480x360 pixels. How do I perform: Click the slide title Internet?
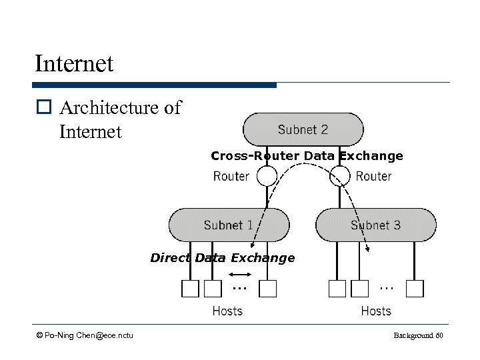coord(75,64)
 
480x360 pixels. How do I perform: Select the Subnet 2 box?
coord(303,129)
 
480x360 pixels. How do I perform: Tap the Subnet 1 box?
coord(229,225)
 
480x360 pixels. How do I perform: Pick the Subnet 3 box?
coord(375,225)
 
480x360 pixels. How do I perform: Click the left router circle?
coord(267,176)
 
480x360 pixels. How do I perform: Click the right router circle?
coord(340,176)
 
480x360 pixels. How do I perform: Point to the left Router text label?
coord(231,176)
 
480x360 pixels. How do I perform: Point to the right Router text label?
coord(373,176)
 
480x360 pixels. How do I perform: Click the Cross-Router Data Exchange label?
coord(307,156)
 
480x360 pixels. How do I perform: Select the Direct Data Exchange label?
coord(222,258)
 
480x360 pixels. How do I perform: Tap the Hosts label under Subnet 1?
coord(227,311)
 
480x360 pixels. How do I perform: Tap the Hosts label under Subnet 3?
coord(376,311)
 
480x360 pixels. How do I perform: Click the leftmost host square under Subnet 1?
coord(191,289)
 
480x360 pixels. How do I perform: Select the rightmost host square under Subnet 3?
coord(415,289)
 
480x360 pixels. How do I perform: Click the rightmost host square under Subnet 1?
coord(267,289)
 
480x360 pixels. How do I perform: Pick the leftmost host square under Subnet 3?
coord(337,289)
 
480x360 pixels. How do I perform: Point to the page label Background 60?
coord(418,335)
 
